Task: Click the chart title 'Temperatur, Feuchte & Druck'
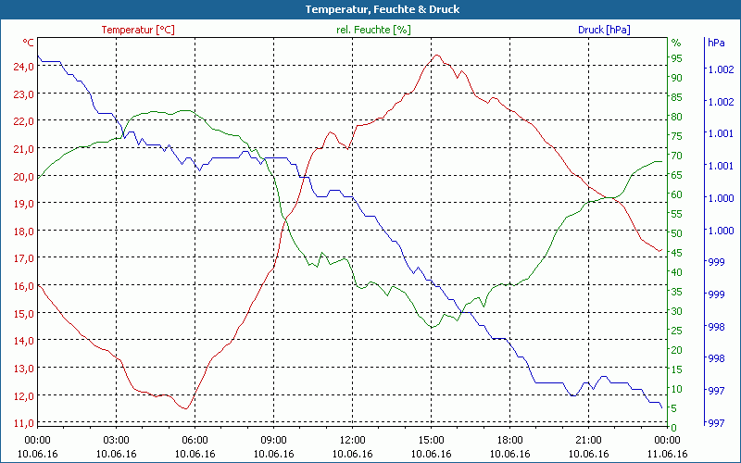(370, 9)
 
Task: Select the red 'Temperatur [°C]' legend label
(138, 30)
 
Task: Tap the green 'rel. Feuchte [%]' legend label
(373, 30)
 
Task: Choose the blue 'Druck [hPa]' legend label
(604, 30)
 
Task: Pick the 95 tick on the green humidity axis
(677, 58)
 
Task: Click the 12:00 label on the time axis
(353, 440)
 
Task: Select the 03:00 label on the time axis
(117, 440)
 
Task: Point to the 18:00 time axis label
(510, 440)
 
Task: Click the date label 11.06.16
(668, 454)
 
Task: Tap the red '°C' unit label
(29, 43)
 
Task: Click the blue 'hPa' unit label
(715, 43)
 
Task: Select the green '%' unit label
(676, 43)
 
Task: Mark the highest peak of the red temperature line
(437, 55)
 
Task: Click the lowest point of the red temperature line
(185, 408)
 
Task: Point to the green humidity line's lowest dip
(432, 327)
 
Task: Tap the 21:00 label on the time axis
(589, 440)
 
